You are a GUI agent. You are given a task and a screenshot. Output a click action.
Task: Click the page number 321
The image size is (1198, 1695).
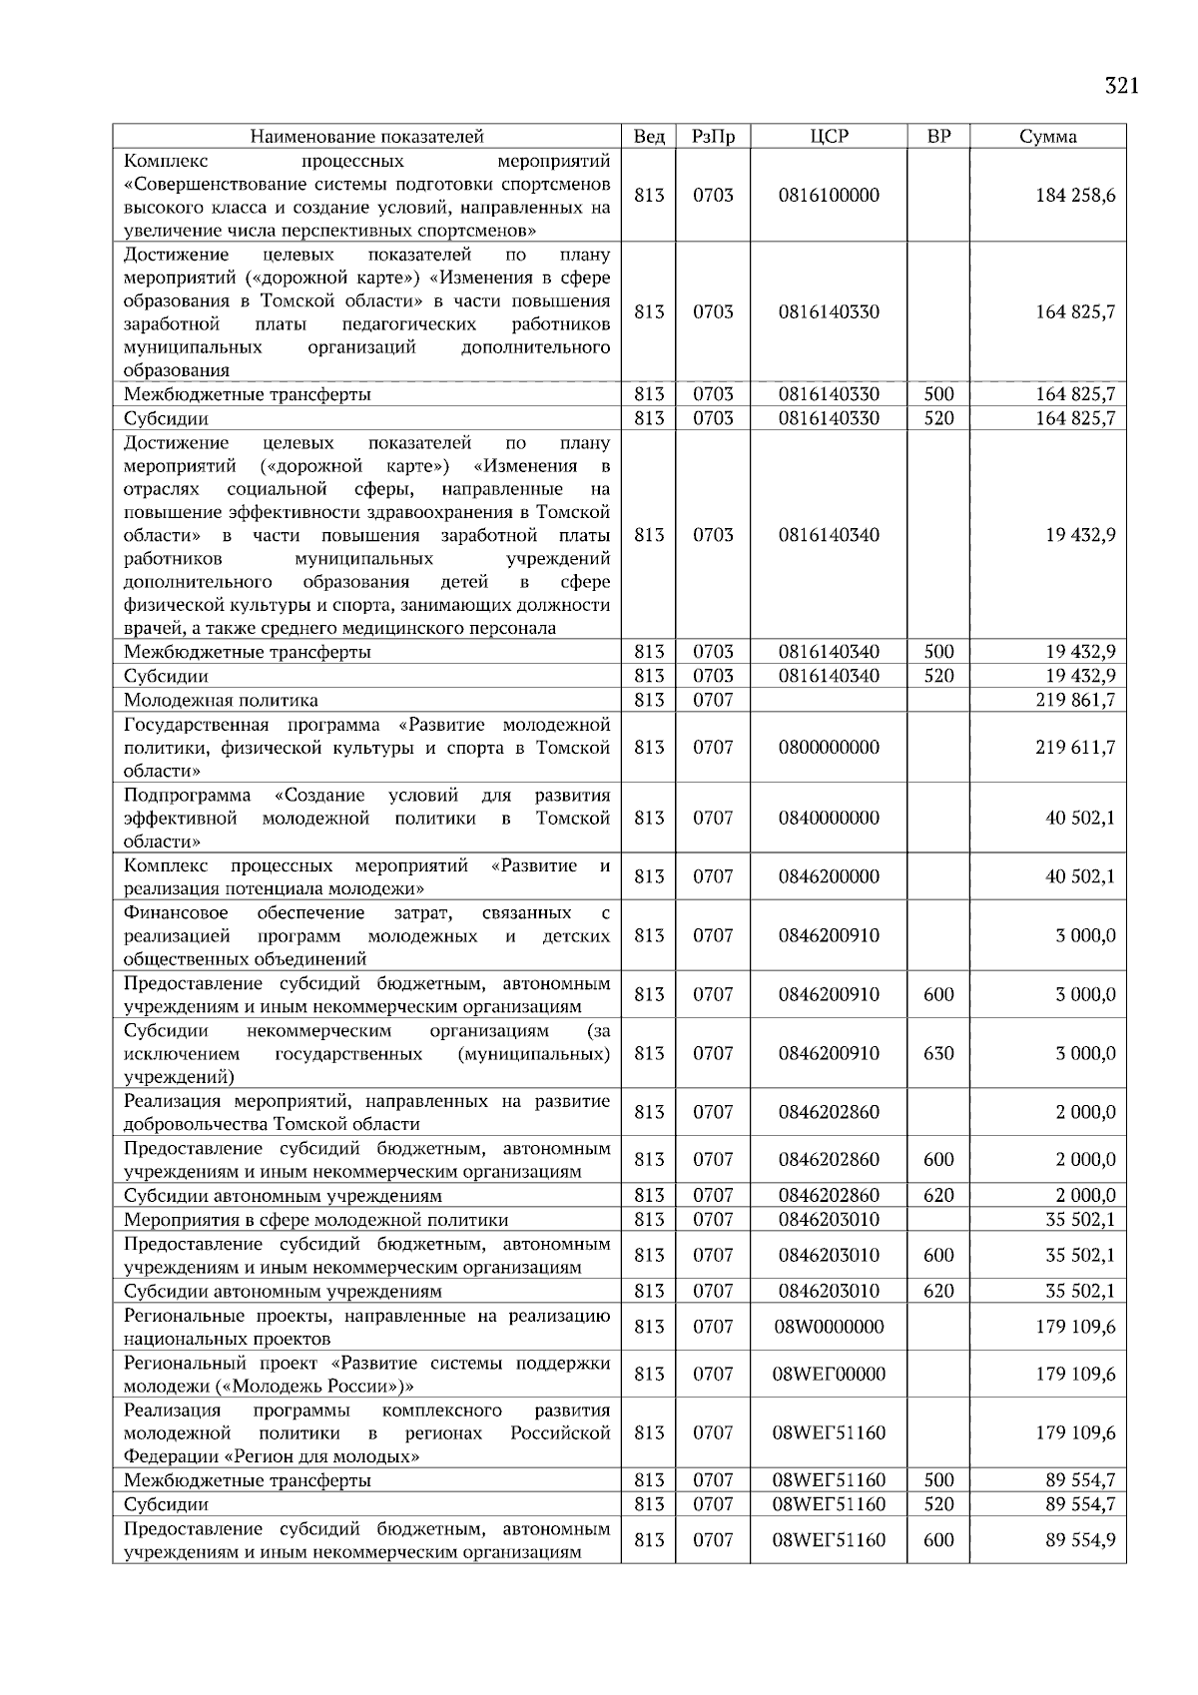[1121, 86]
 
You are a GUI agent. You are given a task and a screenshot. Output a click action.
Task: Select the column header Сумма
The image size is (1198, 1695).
[1047, 137]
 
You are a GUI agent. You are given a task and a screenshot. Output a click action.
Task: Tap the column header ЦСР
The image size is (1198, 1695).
[829, 137]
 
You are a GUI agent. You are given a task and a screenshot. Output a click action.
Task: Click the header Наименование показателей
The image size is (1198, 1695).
[366, 137]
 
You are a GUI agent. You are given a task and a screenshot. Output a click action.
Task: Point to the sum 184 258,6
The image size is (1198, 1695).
[1075, 196]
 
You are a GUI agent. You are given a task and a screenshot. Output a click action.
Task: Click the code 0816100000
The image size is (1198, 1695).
[829, 196]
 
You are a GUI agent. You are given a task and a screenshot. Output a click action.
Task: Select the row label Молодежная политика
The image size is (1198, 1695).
[221, 700]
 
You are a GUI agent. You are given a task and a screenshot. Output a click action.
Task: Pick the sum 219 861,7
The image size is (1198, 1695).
[1075, 700]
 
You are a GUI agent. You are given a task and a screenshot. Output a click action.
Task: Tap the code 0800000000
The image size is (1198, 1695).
[829, 748]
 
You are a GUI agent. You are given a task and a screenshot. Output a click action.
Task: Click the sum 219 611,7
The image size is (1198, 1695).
[1075, 748]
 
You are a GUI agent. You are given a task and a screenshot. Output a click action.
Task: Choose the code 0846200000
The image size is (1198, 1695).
[829, 876]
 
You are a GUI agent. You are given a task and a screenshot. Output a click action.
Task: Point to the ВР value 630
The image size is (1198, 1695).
[938, 1053]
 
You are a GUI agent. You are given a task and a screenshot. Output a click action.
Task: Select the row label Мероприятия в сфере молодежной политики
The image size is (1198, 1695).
[315, 1220]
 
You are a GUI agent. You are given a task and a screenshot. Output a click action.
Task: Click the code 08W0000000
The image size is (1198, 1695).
[829, 1327]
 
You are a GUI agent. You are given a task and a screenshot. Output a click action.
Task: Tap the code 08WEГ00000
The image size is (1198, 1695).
[829, 1374]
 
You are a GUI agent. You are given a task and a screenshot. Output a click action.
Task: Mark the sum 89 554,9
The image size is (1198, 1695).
[1080, 1540]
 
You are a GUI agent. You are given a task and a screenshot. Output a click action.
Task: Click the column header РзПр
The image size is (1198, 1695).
[713, 137]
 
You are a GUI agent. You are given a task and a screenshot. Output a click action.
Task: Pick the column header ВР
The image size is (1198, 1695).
[938, 137]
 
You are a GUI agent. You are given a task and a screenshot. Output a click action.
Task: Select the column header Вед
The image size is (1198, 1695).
[649, 137]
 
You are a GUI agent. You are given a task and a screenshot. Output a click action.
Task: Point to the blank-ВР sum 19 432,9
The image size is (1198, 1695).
[1080, 535]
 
